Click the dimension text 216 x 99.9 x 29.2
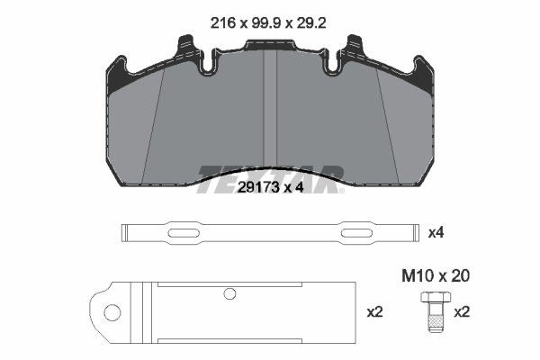[x=268, y=23]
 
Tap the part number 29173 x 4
[x=271, y=188]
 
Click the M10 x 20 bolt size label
[x=436, y=276]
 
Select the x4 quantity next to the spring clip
[x=436, y=233]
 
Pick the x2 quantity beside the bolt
[x=462, y=312]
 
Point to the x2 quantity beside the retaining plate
[x=375, y=312]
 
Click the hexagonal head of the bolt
[x=436, y=297]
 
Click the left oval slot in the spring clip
[x=184, y=233]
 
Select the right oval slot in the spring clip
[x=356, y=233]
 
